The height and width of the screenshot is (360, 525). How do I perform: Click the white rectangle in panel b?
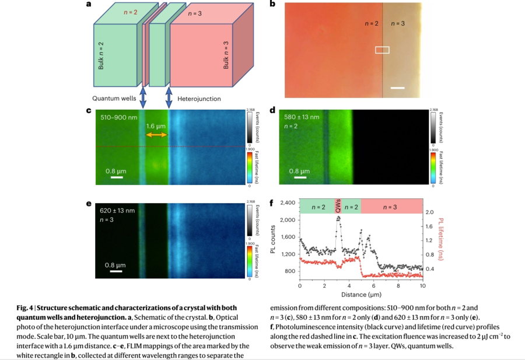(x=382, y=50)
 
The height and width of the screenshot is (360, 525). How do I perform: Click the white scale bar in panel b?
(x=398, y=89)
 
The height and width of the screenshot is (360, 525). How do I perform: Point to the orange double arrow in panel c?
(x=156, y=135)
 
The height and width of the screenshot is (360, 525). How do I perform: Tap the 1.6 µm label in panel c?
(x=156, y=125)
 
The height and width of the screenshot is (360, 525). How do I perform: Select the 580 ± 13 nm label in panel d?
(x=302, y=117)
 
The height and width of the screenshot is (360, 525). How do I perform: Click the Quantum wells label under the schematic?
(x=114, y=99)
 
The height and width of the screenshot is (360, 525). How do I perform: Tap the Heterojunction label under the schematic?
(x=199, y=99)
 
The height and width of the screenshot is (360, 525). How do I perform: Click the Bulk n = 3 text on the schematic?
(x=226, y=56)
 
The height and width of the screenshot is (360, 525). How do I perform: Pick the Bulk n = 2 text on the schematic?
(x=101, y=56)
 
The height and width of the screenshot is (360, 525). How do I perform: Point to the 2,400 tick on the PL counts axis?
(x=288, y=203)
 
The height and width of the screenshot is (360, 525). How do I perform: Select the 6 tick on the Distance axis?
(x=373, y=286)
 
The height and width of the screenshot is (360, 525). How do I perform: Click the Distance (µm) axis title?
(x=361, y=295)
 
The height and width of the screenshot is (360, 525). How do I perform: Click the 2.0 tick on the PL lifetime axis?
(x=429, y=212)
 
